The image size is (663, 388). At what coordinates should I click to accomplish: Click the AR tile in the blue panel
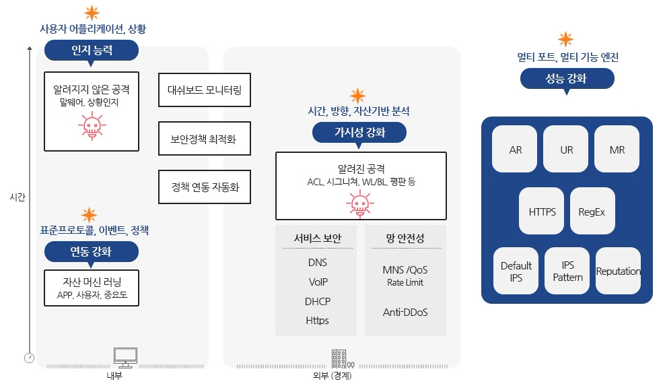pos(515,149)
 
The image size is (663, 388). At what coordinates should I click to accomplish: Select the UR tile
pos(566,149)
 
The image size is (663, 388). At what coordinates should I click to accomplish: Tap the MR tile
pos(617,149)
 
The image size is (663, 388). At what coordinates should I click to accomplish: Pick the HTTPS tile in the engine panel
pos(542,211)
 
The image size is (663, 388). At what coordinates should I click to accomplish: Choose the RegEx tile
pos(592,211)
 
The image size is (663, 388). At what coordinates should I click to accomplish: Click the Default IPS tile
pos(516,271)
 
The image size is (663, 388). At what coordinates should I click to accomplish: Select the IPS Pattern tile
pos(567,271)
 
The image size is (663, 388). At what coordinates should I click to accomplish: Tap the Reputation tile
pos(618,271)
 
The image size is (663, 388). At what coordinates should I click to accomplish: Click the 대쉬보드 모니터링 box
pos(205,90)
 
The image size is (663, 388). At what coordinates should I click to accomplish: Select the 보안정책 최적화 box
pos(205,138)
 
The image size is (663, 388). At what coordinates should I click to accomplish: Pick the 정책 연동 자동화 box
pos(205,187)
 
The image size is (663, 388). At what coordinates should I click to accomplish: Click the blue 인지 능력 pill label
pos(92,51)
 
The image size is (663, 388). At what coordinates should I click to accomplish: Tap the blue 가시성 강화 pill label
pos(359,133)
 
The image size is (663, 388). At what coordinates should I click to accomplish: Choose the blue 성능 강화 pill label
pos(567,79)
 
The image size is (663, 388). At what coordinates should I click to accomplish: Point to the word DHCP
pos(318,301)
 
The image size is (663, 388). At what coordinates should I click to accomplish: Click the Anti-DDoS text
pos(405,313)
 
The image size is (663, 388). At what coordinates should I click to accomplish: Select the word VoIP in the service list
pos(318,282)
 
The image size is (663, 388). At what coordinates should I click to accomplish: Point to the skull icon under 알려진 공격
pos(360,203)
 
